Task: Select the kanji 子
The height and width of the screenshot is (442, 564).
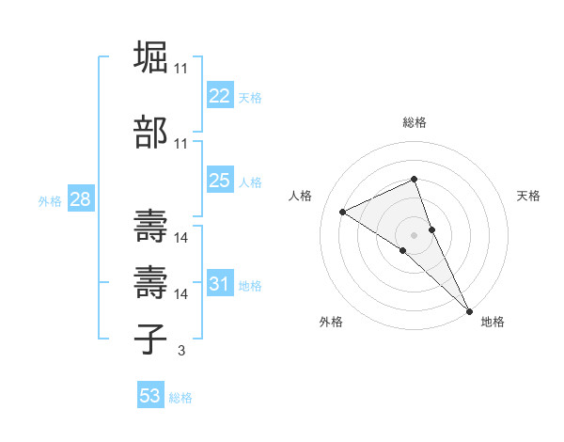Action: coord(150,339)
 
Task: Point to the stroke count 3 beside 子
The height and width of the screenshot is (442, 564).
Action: coord(180,352)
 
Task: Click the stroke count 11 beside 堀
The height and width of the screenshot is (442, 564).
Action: coord(180,69)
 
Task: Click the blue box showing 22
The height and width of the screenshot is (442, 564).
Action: coord(220,96)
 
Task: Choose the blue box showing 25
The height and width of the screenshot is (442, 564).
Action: coord(220,181)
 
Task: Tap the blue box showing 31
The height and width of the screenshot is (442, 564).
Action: coord(220,284)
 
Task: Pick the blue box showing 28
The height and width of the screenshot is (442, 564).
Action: coord(80,199)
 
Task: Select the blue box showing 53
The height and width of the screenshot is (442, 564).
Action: coord(150,396)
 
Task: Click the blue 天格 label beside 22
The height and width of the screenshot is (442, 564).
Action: coord(250,98)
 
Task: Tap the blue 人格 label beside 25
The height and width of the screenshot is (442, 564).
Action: coord(250,182)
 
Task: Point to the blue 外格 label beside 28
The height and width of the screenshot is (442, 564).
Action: coord(50,201)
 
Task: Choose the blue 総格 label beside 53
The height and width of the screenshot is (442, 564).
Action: coord(180,398)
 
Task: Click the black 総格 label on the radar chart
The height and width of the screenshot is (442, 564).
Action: coord(415,122)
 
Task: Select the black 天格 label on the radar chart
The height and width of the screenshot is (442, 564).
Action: coord(528,196)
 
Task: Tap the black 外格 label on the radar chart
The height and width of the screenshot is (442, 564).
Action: coord(331,322)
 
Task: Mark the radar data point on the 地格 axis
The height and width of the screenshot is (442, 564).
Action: coord(469,309)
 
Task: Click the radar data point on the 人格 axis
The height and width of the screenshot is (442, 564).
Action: coord(343,212)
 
